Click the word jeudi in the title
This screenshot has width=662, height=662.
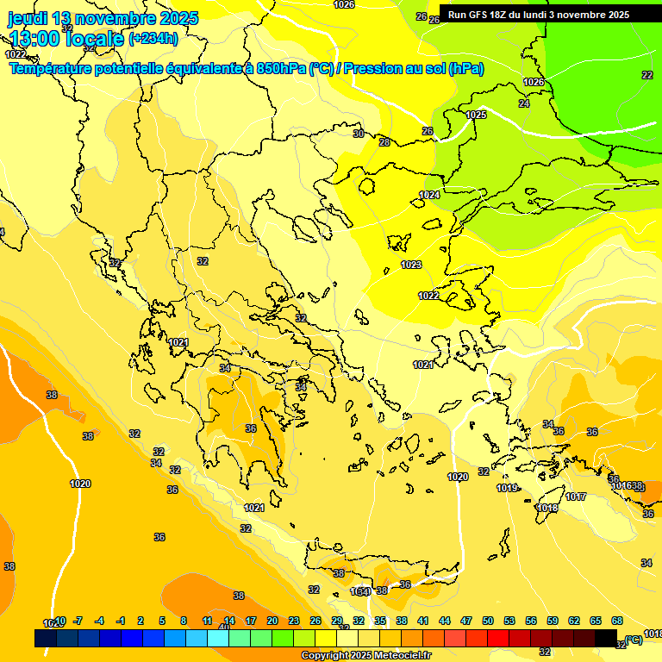pos(28,18)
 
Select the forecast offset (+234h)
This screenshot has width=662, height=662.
pos(153,38)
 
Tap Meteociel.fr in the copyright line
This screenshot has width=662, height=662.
pos(397,656)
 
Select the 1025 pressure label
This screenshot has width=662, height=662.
pos(476,115)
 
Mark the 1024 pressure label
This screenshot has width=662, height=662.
pos(429,196)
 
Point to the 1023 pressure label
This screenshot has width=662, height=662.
pos(412,265)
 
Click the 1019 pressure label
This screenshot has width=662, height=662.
pos(507,489)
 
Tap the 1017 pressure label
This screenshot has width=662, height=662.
pos(576,497)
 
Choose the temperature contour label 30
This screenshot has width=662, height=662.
pos(359,134)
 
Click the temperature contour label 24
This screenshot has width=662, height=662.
pos(524,103)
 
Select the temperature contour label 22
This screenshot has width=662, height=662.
pos(647,75)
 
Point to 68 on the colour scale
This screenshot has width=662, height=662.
pos(617,621)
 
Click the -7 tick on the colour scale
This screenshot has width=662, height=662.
pos(78,621)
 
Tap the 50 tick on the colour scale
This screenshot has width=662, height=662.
pos(488,621)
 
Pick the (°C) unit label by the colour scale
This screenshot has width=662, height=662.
pos(634,640)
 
